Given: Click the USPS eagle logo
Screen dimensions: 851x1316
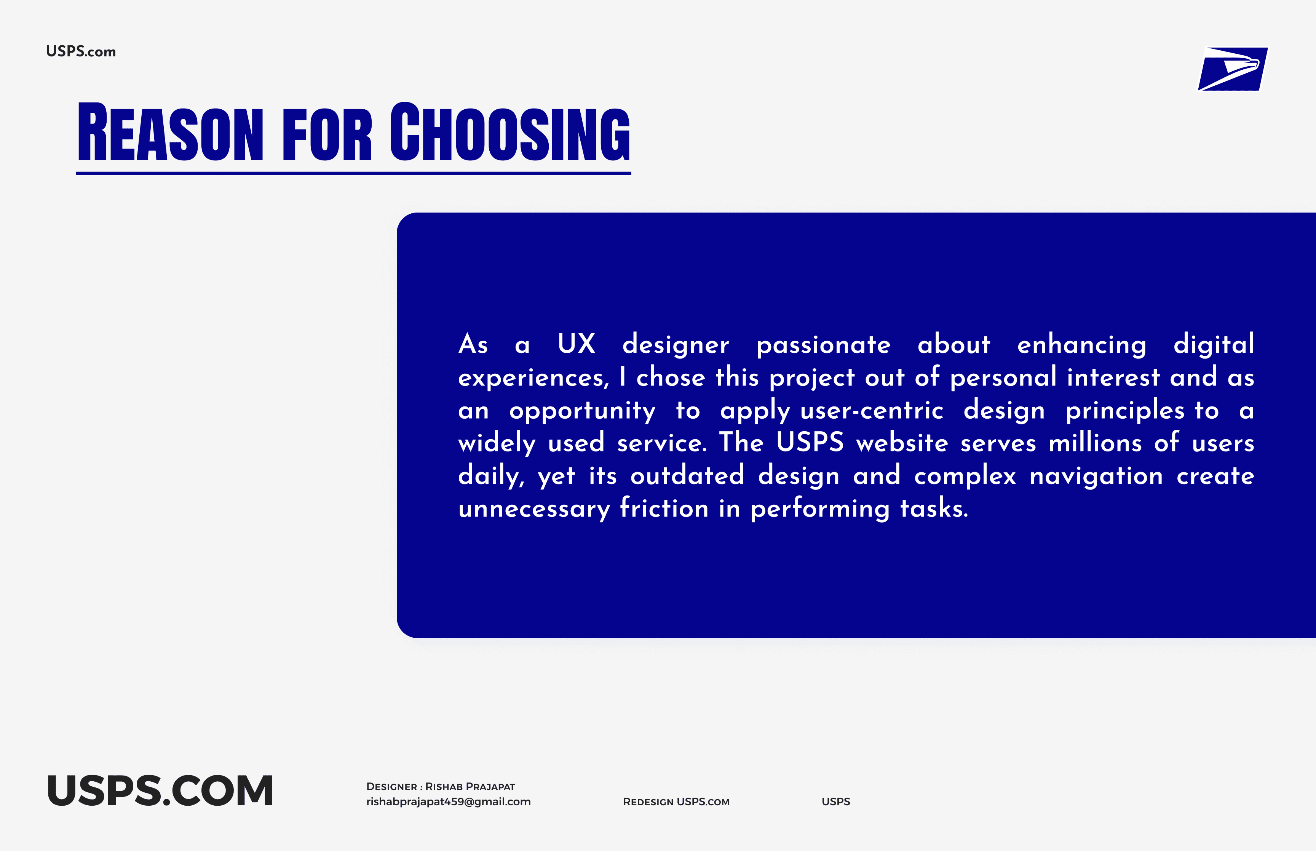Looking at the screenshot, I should click(1233, 69).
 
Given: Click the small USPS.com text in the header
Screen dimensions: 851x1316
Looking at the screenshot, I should click(81, 51).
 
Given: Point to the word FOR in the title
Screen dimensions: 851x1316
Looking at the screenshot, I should click(327, 134).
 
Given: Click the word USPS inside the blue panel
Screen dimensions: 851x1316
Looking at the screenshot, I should click(810, 443).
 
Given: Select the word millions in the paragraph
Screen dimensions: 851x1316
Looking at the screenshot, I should click(1095, 443).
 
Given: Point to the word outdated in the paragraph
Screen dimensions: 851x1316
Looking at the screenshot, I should click(687, 476).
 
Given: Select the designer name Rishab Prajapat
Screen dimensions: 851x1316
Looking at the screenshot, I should click(470, 786).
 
